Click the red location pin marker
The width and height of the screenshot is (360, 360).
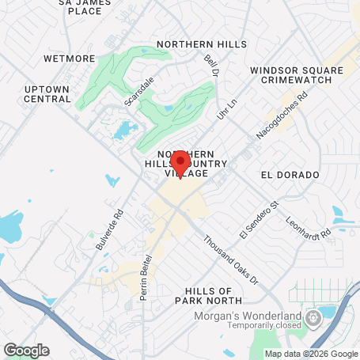point(180,163)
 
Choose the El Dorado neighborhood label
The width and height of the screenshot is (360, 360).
point(289,174)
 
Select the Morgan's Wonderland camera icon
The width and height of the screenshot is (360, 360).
point(313,318)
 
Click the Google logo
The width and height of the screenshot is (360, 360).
point(26,350)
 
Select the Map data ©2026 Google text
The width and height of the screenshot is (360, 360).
point(310,353)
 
